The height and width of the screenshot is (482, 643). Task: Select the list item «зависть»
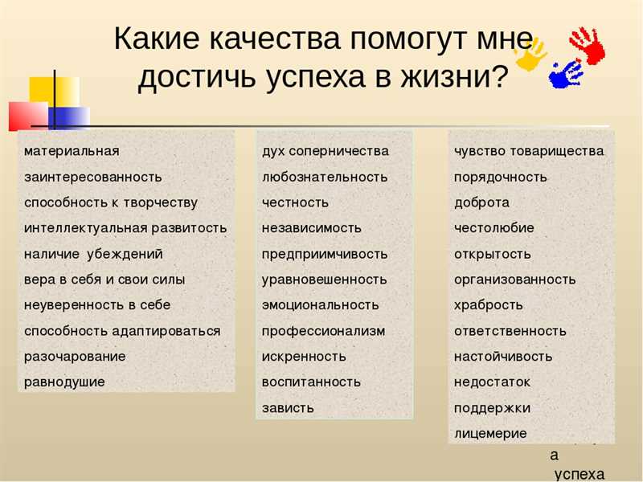[288, 408]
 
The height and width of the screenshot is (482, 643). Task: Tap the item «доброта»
[481, 202]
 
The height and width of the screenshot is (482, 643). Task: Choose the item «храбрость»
[489, 305]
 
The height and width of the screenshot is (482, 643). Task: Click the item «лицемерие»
[490, 434]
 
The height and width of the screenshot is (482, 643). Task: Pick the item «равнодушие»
[64, 382]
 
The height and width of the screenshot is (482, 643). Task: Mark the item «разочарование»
[75, 357]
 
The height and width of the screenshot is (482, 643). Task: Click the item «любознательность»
[325, 177]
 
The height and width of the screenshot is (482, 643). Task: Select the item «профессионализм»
[323, 331]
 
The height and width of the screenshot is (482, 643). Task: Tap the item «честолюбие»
[494, 228]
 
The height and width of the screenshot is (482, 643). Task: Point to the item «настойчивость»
[503, 357]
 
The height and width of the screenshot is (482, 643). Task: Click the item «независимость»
[312, 228]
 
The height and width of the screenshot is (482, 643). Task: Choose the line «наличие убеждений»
[93, 254]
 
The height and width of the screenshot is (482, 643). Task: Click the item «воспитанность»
[311, 382]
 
